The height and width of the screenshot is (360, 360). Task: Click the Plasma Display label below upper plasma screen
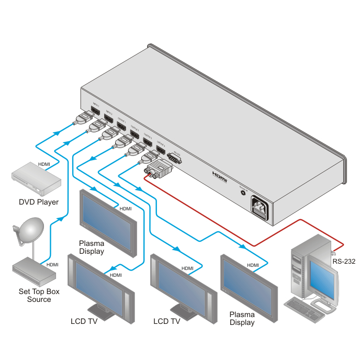tap(92, 247)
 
